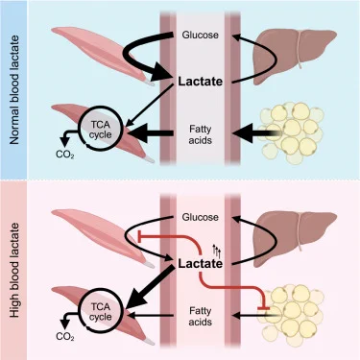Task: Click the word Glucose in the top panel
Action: (x=201, y=35)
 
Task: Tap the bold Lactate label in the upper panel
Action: (x=201, y=82)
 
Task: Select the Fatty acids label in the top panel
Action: (x=201, y=134)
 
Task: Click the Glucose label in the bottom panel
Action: (x=201, y=217)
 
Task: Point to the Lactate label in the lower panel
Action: (x=201, y=264)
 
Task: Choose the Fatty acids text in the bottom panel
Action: (x=201, y=316)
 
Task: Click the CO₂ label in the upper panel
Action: (x=65, y=155)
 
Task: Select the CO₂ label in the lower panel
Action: (x=65, y=337)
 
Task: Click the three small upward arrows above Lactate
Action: (x=217, y=252)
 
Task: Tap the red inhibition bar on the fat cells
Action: (x=263, y=308)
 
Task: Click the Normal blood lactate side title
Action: (x=14, y=89)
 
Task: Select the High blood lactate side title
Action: (x=14, y=271)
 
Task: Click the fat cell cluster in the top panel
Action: (x=292, y=132)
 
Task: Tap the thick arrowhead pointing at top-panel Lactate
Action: (x=160, y=72)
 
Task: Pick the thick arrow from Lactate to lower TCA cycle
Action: (x=151, y=288)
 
